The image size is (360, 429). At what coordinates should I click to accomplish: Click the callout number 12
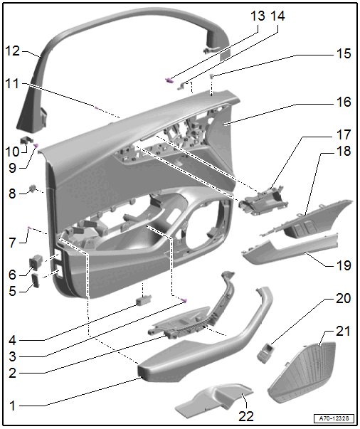[x=13, y=51]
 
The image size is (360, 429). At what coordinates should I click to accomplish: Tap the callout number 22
[x=246, y=416]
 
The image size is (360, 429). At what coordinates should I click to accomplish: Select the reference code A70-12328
[x=334, y=418]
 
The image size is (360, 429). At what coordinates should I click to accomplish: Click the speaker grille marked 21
[x=302, y=372]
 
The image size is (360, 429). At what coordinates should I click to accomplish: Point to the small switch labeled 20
[x=265, y=353]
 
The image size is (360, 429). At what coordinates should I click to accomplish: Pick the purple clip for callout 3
[x=184, y=301]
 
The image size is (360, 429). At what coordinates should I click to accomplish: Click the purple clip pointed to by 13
[x=169, y=80]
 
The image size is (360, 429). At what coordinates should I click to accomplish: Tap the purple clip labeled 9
[x=36, y=145]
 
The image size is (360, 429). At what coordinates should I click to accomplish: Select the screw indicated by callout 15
[x=211, y=76]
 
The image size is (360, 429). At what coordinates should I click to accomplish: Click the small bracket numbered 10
[x=26, y=140]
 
